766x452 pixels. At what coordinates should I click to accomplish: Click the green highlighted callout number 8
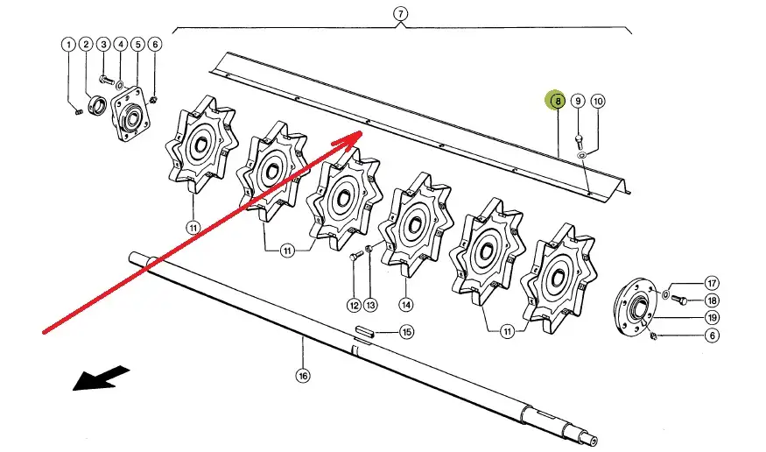click(x=557, y=101)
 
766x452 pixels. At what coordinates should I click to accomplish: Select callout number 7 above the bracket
click(x=401, y=14)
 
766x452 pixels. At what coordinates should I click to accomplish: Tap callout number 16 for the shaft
click(x=303, y=376)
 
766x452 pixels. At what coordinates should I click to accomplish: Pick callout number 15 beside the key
click(x=406, y=332)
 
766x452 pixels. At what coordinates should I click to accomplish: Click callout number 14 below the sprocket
click(x=406, y=305)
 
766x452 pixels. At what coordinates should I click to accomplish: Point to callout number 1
click(x=68, y=45)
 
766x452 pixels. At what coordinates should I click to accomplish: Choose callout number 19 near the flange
click(x=713, y=318)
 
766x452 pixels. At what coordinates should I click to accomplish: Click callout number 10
click(x=597, y=101)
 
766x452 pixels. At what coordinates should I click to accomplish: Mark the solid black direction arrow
click(x=102, y=378)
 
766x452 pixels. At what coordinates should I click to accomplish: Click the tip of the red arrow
click(x=361, y=132)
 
